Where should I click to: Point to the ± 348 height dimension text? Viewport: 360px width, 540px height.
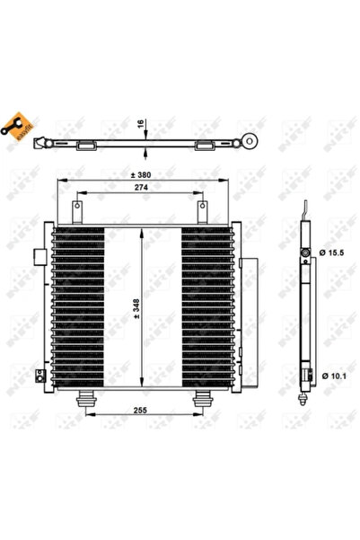coord(136,307)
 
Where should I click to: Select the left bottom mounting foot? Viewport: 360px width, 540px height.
coord(87,402)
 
